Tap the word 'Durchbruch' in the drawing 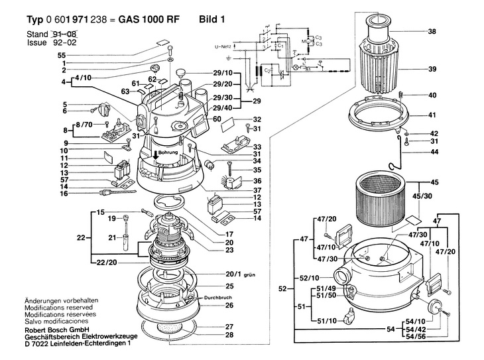coord(220,298)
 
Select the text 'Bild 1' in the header coord(212,19)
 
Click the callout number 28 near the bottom coord(230,335)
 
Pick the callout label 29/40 coord(222,107)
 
